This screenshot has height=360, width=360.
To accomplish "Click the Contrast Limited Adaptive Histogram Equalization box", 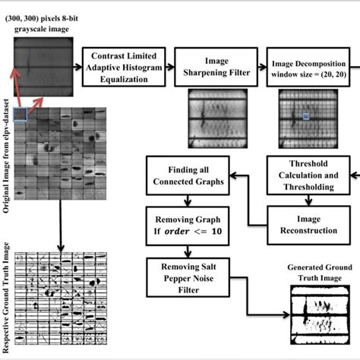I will (122, 67).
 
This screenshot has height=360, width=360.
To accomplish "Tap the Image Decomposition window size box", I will (311, 67).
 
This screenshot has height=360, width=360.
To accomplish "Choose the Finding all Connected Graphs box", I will (185, 175).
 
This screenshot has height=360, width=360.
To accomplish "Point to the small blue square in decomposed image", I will (305, 116).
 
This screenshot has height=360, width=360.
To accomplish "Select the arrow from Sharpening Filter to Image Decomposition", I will (257, 67).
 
